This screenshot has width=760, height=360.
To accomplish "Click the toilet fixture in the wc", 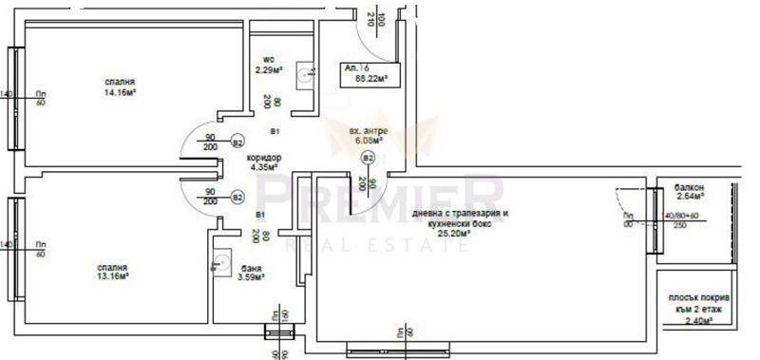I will (x=304, y=74).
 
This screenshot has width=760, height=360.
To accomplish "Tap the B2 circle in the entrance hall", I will (x=369, y=158).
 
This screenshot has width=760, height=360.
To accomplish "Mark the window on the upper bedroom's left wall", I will (x=15, y=95).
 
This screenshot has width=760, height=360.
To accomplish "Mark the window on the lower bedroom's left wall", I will (x=15, y=245).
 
